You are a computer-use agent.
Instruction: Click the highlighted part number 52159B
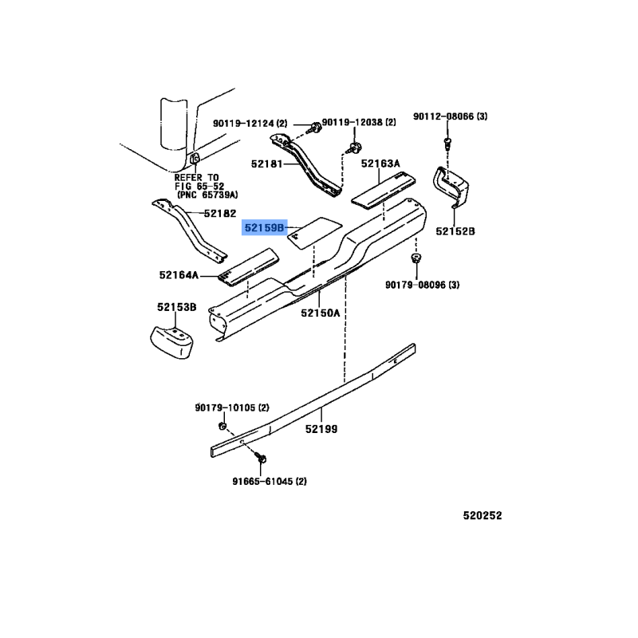[264, 228]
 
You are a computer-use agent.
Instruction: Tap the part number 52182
[219, 214]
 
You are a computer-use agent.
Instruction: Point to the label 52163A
[380, 164]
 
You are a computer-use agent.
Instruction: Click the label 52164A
[179, 276]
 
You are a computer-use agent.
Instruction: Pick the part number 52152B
[455, 231]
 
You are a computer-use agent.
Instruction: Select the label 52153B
[176, 307]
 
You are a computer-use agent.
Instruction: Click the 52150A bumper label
[321, 313]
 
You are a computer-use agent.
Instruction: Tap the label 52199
[321, 429]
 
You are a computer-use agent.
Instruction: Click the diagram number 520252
[482, 515]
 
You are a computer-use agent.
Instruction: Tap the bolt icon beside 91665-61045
[262, 459]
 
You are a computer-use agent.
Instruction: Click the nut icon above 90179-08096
[415, 259]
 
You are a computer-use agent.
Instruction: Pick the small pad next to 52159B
[314, 232]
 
